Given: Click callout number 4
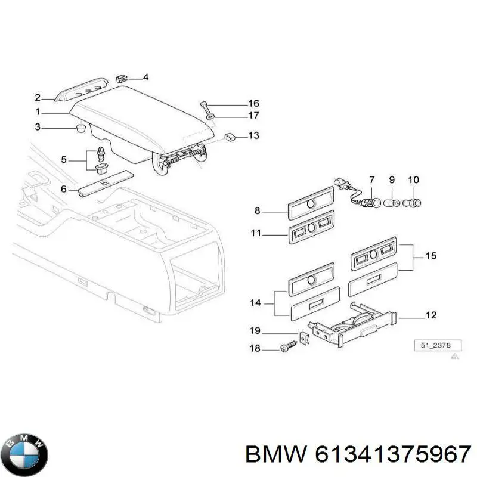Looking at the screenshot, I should tap(145, 78).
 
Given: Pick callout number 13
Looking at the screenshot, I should tap(253, 136).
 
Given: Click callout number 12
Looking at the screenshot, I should tap(430, 315).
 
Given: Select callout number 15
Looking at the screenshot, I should tap(430, 256).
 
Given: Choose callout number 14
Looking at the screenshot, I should tap(256, 303).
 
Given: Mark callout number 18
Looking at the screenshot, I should tap(255, 349).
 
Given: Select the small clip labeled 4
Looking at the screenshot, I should tap(122, 78).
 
